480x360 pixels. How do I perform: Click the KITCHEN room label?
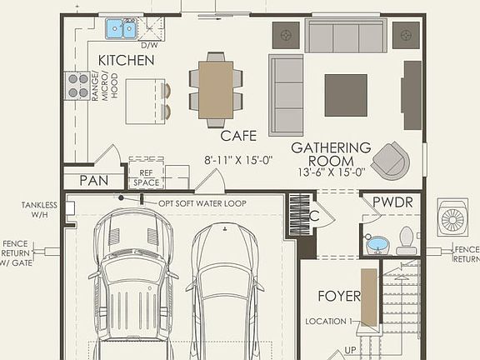tap(126, 61)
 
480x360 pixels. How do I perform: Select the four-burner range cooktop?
tap(77, 85)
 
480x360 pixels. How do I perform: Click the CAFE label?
tap(238, 134)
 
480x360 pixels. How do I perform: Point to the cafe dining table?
tap(216, 87)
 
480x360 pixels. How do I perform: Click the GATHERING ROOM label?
tap(331, 154)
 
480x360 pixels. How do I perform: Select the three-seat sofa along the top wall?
tap(345, 37)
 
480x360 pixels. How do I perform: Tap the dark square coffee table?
tap(346, 95)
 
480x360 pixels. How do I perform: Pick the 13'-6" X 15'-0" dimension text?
tap(332, 172)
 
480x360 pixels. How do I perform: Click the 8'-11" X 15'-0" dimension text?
tap(237, 159)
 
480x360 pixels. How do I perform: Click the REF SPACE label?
tap(145, 177)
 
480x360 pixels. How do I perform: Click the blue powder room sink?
tap(378, 245)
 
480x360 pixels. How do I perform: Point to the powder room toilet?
tap(407, 241)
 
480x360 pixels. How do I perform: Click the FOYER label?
tap(339, 296)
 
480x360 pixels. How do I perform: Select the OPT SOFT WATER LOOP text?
tap(196, 202)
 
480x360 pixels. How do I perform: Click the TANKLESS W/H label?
tap(40, 209)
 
